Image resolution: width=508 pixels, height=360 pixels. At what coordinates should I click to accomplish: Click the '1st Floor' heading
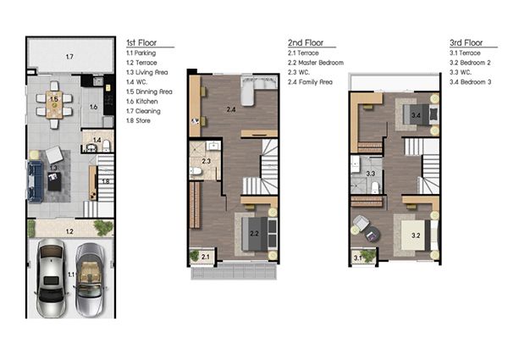point(141,42)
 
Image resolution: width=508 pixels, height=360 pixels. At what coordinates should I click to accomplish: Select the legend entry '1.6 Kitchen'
point(142,102)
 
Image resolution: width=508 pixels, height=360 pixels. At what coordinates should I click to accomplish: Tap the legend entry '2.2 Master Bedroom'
point(316,63)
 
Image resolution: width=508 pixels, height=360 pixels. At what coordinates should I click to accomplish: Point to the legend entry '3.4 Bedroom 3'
point(470,82)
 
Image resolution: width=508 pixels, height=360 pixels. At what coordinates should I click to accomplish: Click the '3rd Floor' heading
point(466,42)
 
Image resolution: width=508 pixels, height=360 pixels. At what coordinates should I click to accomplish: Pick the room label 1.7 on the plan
point(69,57)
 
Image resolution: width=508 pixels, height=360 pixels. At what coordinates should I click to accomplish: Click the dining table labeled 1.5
point(54,105)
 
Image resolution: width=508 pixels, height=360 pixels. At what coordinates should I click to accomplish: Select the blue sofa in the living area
point(35,181)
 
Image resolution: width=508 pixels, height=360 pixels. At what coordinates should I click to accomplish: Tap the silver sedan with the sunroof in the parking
point(51,278)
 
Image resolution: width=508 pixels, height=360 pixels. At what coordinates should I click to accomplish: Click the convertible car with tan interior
point(90,280)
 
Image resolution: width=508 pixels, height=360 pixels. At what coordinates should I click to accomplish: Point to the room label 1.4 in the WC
point(97,140)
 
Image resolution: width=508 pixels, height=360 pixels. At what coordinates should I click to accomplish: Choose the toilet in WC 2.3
point(196,171)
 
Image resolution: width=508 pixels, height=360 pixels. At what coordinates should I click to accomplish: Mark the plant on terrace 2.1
point(195,256)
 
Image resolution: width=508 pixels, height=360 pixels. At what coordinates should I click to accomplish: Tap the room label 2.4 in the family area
point(231,109)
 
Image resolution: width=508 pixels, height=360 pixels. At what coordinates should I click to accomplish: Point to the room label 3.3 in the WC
point(371,174)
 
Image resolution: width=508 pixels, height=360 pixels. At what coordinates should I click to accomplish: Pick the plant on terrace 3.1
point(368,256)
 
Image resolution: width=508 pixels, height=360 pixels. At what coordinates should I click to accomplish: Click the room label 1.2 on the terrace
point(69,231)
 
